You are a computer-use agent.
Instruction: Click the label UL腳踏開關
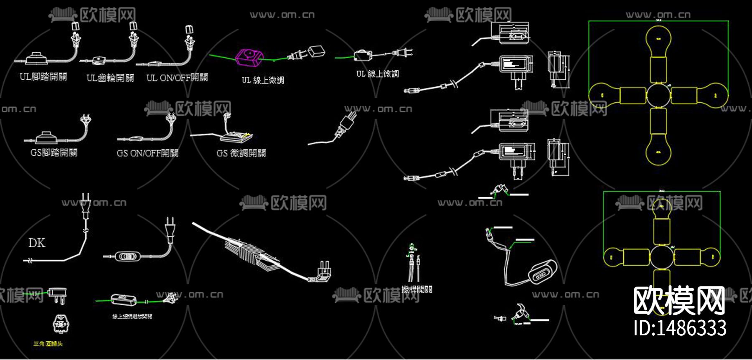[43, 77]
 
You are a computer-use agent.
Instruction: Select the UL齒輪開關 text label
[110, 78]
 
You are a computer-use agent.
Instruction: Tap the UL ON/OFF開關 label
[177, 78]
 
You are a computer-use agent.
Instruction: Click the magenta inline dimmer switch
[250, 57]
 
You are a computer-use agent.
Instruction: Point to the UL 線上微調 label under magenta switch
[263, 80]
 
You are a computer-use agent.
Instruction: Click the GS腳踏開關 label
[54, 153]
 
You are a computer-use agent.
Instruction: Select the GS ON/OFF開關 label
[147, 153]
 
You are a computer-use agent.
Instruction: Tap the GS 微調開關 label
[241, 153]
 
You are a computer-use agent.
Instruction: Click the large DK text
[37, 243]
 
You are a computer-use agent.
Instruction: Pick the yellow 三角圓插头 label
[48, 344]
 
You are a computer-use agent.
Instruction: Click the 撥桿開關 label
[417, 289]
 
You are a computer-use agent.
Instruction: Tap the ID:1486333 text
[680, 328]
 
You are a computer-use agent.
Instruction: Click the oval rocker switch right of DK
[126, 256]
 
